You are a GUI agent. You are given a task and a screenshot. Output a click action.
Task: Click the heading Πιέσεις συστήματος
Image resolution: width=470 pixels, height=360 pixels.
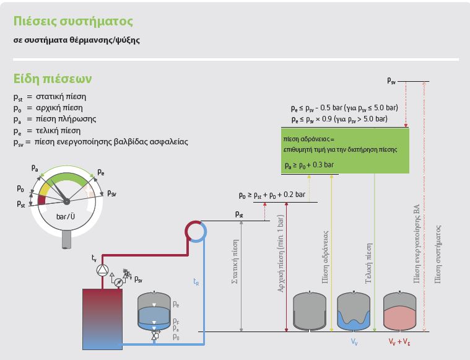coord(73,22)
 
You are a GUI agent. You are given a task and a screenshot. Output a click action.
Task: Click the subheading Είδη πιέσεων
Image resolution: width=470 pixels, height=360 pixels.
coord(53,79)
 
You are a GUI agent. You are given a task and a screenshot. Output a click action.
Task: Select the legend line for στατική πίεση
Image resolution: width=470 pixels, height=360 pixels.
coord(50,97)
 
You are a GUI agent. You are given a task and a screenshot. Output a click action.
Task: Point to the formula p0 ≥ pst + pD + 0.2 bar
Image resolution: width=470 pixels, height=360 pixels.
coord(272,195)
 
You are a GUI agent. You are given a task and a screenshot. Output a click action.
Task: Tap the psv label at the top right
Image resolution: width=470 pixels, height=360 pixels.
coord(391,80)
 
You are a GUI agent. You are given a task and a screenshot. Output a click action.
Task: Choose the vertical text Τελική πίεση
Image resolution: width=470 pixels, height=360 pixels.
coord(368,263)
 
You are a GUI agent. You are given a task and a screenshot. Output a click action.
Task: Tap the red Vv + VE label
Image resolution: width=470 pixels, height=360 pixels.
coord(399,341)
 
